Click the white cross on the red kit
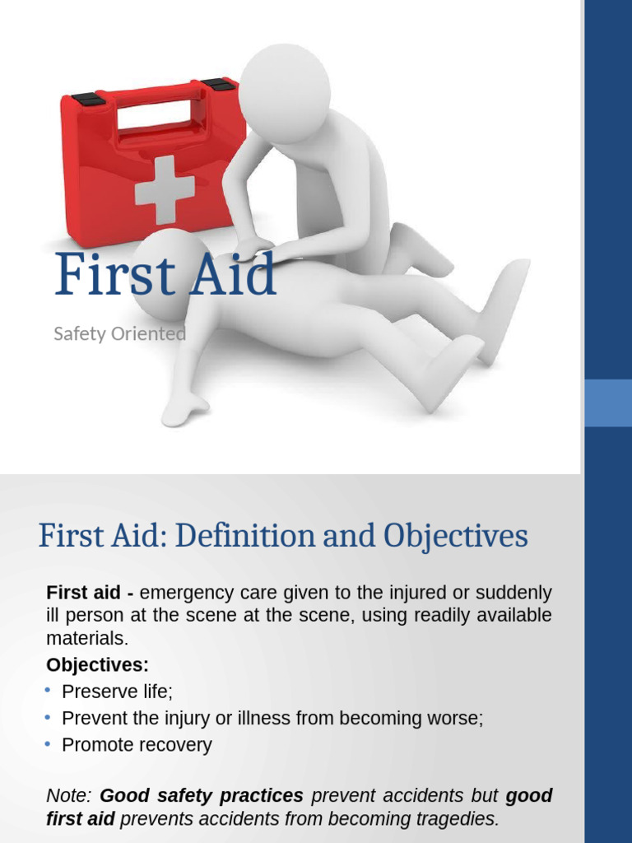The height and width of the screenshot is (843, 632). coord(165,189)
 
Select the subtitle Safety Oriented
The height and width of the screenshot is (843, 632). coord(119,333)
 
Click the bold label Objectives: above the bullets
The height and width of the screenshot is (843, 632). coord(98,664)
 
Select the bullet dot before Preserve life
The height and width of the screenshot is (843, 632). coord(48,690)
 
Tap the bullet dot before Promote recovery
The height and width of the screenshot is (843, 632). coord(48,743)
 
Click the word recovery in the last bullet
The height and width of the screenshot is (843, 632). coord(176,745)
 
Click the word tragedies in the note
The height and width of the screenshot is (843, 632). coord(456,819)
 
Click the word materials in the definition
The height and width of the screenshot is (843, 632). coord(86,638)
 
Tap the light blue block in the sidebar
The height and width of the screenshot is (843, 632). coord(607,403)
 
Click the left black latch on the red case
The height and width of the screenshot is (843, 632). coord(88,100)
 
